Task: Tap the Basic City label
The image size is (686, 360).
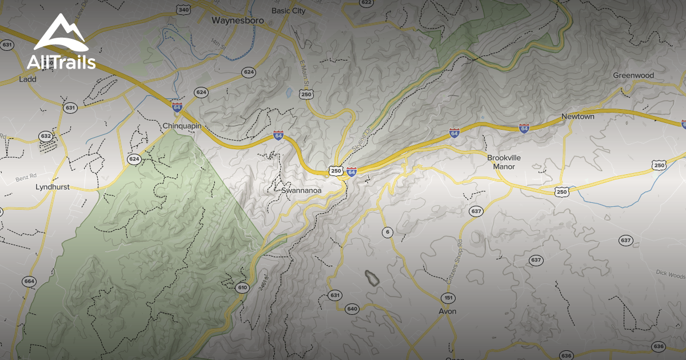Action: point(289,10)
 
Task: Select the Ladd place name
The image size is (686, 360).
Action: point(27,79)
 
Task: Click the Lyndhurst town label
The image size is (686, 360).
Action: point(52,187)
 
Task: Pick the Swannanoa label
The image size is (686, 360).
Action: point(302,190)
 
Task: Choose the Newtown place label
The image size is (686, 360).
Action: point(577,117)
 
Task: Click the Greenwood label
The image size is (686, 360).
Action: point(633,75)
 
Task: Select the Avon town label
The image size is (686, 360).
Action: point(447,311)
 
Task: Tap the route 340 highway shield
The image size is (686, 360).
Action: point(184,10)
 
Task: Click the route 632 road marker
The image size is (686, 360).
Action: point(46,136)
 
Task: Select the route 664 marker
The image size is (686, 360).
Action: point(29,281)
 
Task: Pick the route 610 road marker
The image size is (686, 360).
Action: point(242,287)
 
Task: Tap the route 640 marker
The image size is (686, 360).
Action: point(352,309)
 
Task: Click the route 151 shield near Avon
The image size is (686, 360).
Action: point(448,298)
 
